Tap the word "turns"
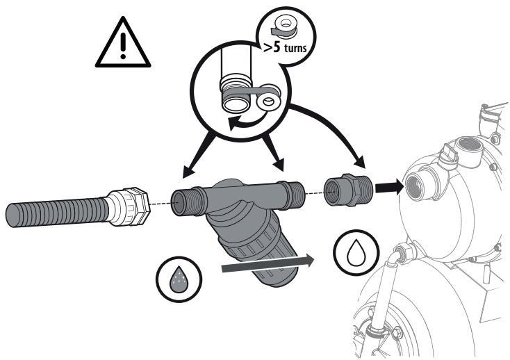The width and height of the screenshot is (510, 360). point(295,48)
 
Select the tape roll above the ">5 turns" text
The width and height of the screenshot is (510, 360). point(283,28)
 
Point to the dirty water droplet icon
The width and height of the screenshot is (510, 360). point(179,279)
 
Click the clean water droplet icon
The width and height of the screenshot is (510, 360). point(356,252)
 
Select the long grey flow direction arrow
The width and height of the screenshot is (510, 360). point(268,263)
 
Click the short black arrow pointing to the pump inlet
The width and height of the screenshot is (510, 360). point(389,188)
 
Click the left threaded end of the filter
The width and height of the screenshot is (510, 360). point(184,203)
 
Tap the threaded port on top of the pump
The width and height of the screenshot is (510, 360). point(468,147)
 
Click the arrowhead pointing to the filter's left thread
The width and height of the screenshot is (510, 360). point(189,172)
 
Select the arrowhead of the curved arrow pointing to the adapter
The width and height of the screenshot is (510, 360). point(360,162)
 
